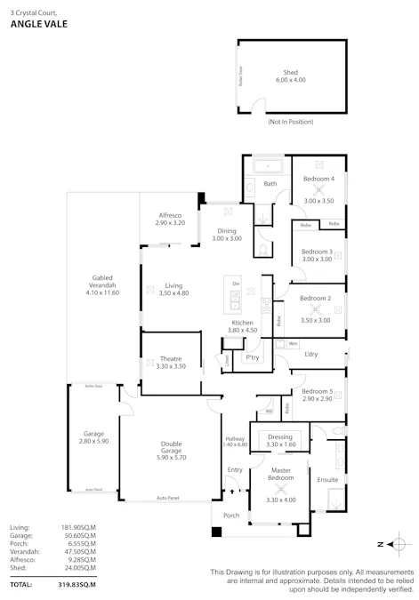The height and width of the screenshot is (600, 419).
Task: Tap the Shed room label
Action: pos(290,72)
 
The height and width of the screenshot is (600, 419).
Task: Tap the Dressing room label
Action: pos(281,436)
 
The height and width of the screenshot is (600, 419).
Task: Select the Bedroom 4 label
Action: pos(318,179)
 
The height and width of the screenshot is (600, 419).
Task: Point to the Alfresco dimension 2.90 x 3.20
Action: pos(170,222)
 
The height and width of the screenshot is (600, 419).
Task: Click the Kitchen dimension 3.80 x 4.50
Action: pos(243,330)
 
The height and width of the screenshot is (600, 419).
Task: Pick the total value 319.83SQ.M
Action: pos(77,585)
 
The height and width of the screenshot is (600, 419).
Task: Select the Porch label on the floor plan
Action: pos(231,515)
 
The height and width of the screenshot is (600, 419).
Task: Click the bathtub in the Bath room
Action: pos(267,167)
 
